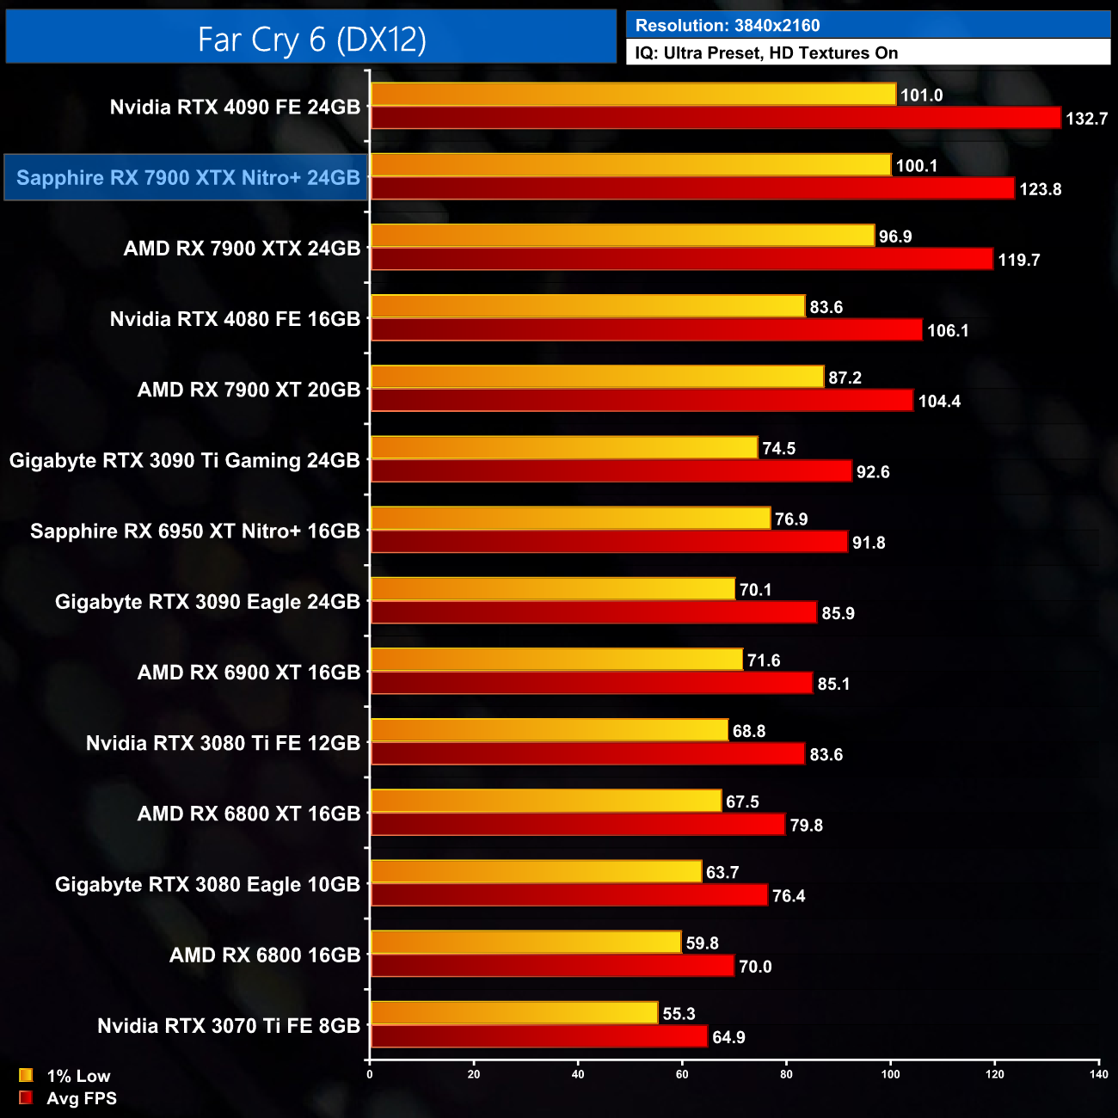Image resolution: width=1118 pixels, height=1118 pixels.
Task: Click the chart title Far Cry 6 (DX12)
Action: (x=311, y=40)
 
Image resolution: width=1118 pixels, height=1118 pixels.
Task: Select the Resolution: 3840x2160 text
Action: (x=728, y=26)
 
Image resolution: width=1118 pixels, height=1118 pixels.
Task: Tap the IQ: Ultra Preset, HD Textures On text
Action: (x=766, y=53)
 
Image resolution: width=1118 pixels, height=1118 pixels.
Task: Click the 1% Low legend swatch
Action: (x=26, y=1075)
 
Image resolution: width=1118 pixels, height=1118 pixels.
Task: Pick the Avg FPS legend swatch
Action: (x=26, y=1097)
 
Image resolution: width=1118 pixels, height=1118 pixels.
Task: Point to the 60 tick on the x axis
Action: (x=682, y=1074)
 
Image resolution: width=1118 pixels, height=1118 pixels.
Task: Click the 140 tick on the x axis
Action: (x=1098, y=1074)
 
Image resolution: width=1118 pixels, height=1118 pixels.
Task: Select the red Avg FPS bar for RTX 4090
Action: (x=716, y=118)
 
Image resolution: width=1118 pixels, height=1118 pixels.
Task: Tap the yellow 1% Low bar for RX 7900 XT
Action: (x=597, y=377)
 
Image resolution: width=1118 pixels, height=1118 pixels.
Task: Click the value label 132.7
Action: (x=1086, y=119)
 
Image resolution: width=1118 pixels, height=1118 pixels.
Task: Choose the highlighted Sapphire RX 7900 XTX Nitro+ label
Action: (x=187, y=178)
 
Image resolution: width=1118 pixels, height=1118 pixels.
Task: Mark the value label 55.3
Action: (x=679, y=1014)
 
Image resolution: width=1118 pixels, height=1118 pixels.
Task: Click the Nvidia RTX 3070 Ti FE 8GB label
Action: (x=229, y=1025)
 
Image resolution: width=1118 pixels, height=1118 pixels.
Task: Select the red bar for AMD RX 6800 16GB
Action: (x=552, y=966)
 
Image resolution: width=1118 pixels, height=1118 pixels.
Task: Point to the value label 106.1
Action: (x=948, y=330)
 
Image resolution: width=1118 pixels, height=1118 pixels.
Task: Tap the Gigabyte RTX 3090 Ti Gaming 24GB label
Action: (x=184, y=460)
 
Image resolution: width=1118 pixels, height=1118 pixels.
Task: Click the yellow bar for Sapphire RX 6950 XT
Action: (x=570, y=518)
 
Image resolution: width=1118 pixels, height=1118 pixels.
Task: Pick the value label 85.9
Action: (x=838, y=613)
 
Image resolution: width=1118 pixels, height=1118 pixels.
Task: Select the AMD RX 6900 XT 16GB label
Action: (x=249, y=673)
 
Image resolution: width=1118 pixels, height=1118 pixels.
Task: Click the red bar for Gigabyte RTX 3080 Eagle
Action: (x=568, y=895)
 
